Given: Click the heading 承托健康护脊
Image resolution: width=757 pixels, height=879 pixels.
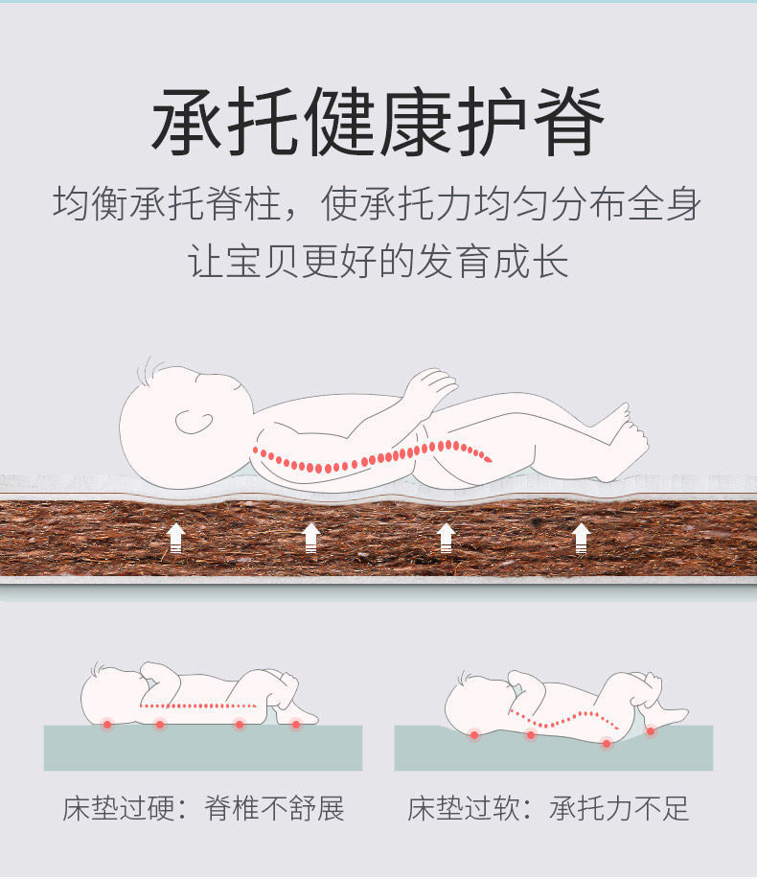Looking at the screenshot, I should click(x=378, y=123).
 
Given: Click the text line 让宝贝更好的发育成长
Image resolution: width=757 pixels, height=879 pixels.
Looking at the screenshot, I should click(x=378, y=261).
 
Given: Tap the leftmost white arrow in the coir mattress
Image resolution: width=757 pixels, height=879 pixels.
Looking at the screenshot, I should click(x=175, y=539).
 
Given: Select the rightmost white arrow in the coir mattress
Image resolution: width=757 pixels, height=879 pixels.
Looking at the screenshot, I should click(x=582, y=539).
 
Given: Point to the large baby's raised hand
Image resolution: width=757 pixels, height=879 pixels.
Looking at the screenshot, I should click(x=428, y=385).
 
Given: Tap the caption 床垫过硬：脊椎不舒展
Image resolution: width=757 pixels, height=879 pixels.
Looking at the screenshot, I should click(x=203, y=808).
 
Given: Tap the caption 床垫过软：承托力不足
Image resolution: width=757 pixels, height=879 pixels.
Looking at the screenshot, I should click(x=548, y=808).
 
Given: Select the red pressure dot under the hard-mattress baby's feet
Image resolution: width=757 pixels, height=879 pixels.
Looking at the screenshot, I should click(x=296, y=724).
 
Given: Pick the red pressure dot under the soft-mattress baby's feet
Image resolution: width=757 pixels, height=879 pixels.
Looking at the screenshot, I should click(x=651, y=731).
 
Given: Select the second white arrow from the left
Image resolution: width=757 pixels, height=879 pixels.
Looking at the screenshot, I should click(x=310, y=539).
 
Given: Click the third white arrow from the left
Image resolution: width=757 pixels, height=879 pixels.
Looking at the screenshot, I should click(x=446, y=539).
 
